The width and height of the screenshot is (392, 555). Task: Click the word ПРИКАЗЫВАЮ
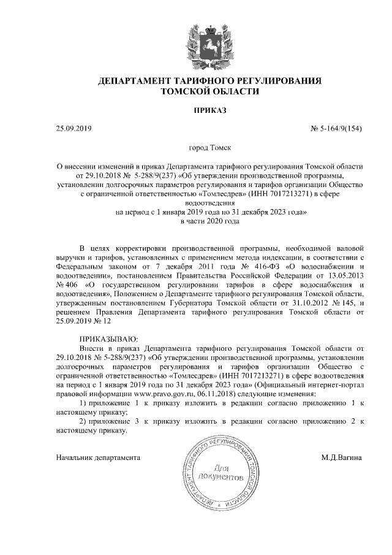(110, 339)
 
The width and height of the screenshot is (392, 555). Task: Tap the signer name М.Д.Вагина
(345, 457)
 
